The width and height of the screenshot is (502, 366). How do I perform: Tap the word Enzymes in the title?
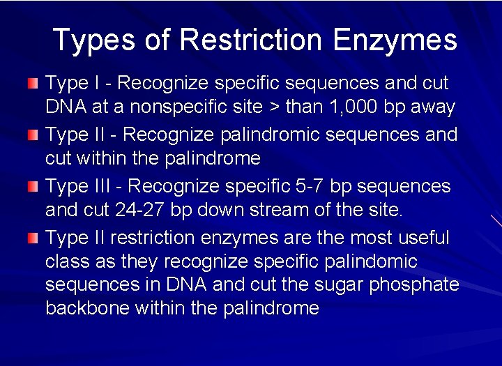[x=395, y=41]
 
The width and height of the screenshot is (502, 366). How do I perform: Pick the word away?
[x=433, y=107]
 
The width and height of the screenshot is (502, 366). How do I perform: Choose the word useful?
[x=424, y=238]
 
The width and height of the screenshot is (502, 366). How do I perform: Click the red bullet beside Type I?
[x=33, y=84]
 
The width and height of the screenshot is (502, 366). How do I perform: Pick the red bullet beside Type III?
[x=33, y=186]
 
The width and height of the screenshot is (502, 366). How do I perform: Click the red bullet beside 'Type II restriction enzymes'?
[x=33, y=238]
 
